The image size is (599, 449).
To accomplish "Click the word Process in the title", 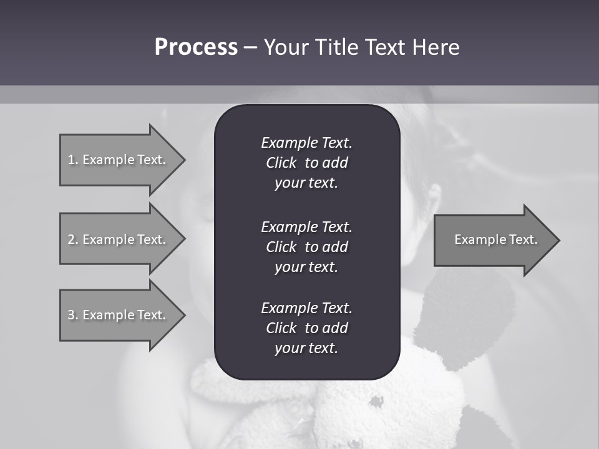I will (196, 47).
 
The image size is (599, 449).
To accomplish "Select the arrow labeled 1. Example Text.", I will (119, 160).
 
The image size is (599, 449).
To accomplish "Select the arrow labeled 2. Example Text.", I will (119, 239).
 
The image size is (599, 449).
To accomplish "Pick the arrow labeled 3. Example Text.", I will (119, 315).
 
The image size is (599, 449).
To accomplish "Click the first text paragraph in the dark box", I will (306, 163).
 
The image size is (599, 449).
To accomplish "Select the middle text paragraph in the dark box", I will (306, 247).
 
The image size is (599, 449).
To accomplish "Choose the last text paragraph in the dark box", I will (306, 328).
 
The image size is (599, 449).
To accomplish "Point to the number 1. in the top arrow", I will (73, 160).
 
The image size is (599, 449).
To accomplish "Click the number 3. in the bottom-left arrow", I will (73, 315).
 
